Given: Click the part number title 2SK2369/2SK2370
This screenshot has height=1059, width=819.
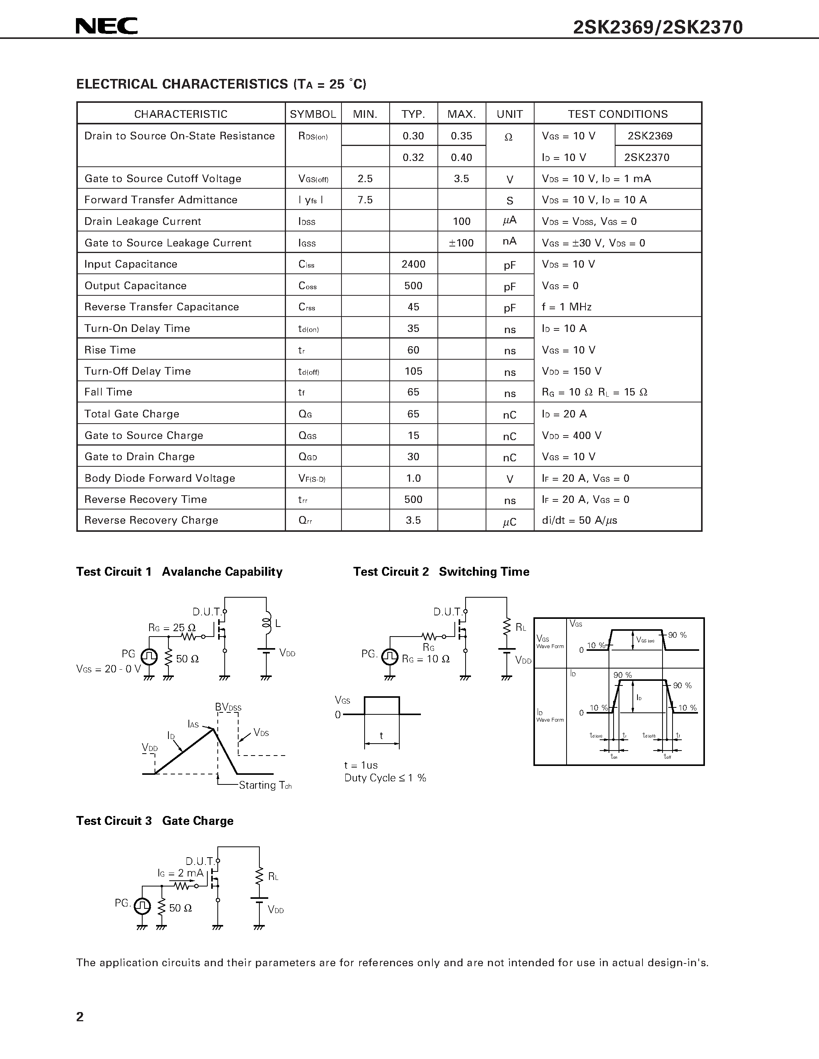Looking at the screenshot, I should tap(658, 28).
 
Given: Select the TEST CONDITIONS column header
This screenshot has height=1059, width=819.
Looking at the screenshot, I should tap(618, 114).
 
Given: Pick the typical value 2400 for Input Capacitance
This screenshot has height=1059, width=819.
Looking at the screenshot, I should tap(414, 264).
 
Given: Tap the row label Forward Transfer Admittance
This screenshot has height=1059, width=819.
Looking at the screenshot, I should tap(161, 200).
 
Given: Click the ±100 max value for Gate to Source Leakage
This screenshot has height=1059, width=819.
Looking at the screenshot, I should tap(461, 243).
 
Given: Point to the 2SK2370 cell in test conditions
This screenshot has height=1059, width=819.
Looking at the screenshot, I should tap(647, 157).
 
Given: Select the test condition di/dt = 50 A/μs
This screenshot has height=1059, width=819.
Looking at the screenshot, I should tap(579, 520).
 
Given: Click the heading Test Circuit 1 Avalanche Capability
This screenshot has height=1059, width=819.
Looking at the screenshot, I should tap(179, 572).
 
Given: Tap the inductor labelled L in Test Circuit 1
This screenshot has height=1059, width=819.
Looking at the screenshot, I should tap(266, 623).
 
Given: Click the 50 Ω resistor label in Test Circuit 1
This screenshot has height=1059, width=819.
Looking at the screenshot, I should tap(187, 659).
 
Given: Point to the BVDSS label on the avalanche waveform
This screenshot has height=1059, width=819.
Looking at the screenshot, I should tap(228, 707).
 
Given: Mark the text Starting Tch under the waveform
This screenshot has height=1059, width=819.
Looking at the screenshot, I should tap(265, 785).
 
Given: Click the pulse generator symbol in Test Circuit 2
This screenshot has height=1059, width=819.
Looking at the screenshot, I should tap(390, 657).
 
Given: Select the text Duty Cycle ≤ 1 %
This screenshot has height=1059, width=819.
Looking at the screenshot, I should tap(385, 778).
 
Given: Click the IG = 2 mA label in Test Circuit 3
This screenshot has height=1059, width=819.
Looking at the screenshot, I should tap(180, 873).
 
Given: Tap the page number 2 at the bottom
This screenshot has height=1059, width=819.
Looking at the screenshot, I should tap(80, 1016).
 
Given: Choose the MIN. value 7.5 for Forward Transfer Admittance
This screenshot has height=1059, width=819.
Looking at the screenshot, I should tap(365, 200).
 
